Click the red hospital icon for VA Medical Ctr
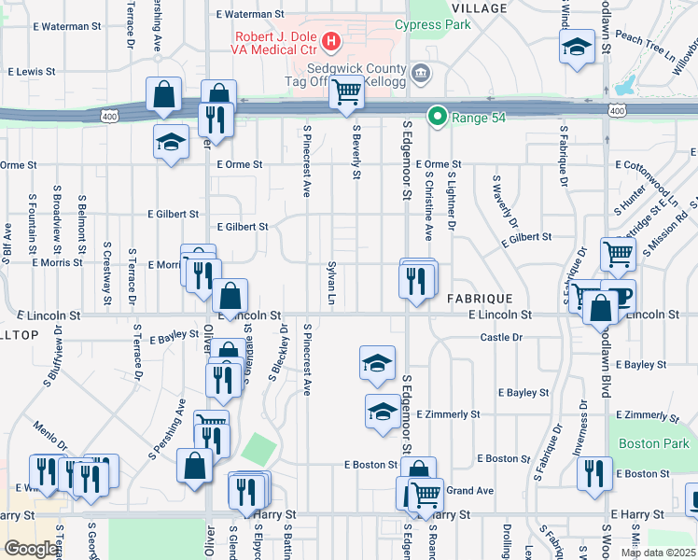[330, 40]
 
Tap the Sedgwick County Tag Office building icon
[420, 72]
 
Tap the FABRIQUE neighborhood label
[480, 298]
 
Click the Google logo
[31, 549]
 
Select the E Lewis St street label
[33, 71]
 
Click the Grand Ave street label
[470, 490]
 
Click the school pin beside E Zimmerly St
[382, 412]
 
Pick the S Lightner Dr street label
[451, 202]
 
